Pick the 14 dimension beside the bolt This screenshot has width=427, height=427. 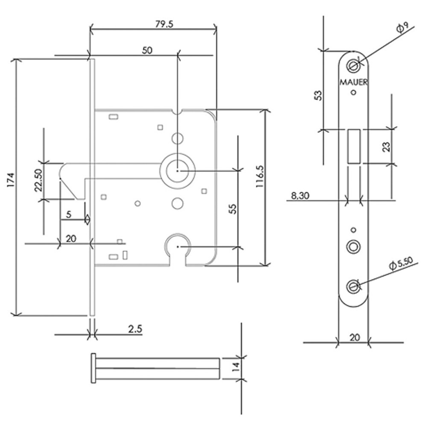click(251, 366)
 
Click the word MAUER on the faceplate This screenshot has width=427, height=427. click(353, 80)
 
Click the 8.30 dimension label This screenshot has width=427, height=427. click(301, 195)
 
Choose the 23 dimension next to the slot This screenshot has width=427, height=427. click(386, 146)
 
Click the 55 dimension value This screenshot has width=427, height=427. click(233, 208)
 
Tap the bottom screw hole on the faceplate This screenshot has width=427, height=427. click(354, 285)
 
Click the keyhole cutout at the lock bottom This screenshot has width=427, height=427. click(178, 249)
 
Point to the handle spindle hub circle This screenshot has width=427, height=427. click(177, 171)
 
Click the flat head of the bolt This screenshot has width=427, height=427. click(93, 367)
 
